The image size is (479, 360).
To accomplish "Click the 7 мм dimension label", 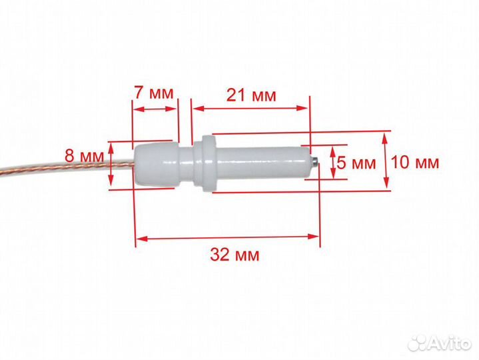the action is pos(154,93).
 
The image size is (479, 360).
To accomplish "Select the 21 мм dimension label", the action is pos(251,95).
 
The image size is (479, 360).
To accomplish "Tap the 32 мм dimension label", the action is pos(235,255).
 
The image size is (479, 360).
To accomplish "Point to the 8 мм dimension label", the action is pos(85,156).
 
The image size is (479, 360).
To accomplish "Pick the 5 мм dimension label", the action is pos(356,163).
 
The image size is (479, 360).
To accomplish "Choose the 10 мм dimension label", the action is pos(415,162).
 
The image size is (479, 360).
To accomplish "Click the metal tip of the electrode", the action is pos(314,161).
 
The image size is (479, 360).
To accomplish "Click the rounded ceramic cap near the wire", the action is pos(155,165).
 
